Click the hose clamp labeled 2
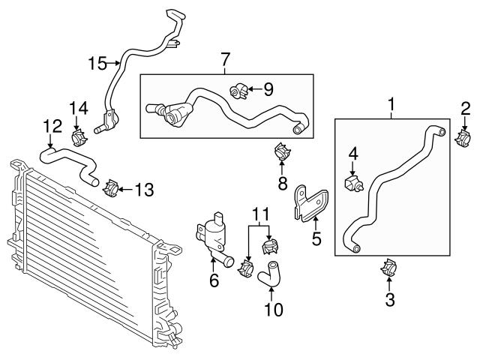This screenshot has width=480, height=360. click(465, 136)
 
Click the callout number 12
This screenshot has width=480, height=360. click(50, 127)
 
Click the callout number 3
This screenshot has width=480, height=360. click(390, 301)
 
